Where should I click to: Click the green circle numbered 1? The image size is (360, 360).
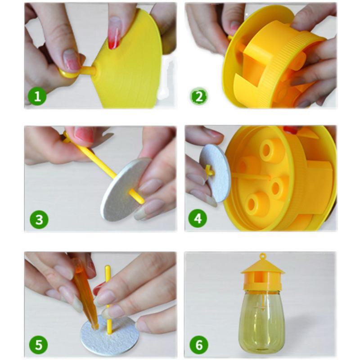[x=37, y=97]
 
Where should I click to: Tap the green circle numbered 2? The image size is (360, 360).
[x=199, y=97]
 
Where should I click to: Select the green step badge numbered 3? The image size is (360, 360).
[x=39, y=220]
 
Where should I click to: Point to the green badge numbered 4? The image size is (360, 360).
[x=198, y=218]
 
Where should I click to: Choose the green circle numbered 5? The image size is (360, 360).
[x=39, y=345]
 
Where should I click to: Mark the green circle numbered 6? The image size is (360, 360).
[x=199, y=345]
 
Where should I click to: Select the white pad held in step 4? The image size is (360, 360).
[x=215, y=173]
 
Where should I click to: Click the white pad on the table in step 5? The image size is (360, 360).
[x=110, y=335]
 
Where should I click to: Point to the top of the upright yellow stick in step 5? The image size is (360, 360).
[x=108, y=267]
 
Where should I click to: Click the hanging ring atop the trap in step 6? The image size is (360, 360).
[x=263, y=256]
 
